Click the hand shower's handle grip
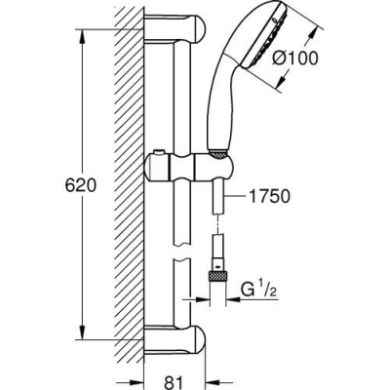[x=220, y=117]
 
